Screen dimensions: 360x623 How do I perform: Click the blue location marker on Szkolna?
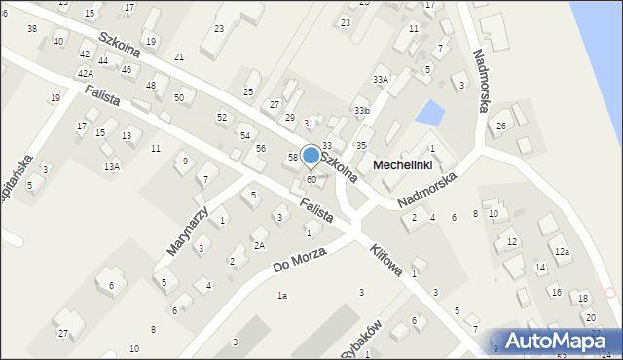[311, 155]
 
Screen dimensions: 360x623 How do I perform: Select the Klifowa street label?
[385, 262]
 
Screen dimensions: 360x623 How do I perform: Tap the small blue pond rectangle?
[428, 114]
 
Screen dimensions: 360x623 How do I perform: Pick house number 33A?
[381, 79]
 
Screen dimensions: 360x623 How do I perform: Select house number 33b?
[362, 111]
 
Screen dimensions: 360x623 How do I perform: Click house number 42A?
[86, 74]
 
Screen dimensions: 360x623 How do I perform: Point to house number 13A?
[112, 167]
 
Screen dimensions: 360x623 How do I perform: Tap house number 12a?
[562, 251]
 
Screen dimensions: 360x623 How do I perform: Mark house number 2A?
[259, 245]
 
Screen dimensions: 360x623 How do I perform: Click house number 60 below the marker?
[311, 180]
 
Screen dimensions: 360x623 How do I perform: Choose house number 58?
[292, 157]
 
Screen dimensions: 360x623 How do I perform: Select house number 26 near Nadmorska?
[501, 126]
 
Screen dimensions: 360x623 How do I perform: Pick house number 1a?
[282, 295]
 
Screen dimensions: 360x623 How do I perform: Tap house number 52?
[222, 117]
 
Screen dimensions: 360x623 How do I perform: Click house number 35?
[361, 145]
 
